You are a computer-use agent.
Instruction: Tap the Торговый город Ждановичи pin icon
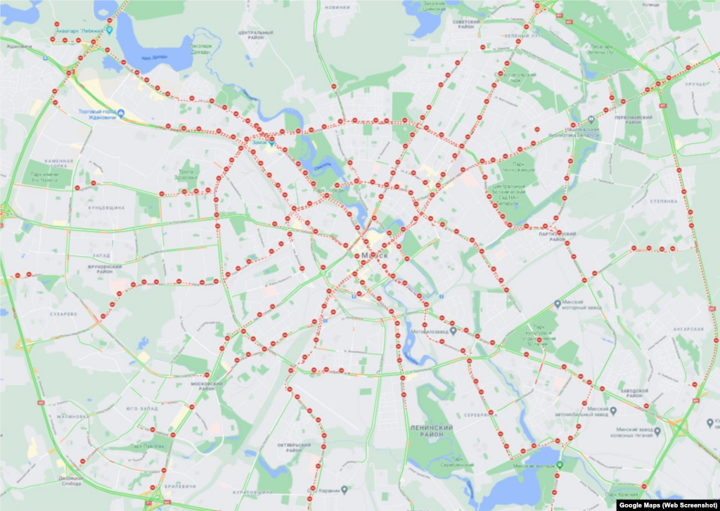tap(122, 113)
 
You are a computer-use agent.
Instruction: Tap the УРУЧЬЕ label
tap(696, 84)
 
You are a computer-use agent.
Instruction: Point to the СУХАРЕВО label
tap(63, 313)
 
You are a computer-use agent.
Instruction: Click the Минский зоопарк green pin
tap(560, 465)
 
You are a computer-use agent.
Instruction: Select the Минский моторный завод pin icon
tap(558, 304)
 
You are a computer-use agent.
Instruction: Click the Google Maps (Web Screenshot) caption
tap(667, 505)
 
